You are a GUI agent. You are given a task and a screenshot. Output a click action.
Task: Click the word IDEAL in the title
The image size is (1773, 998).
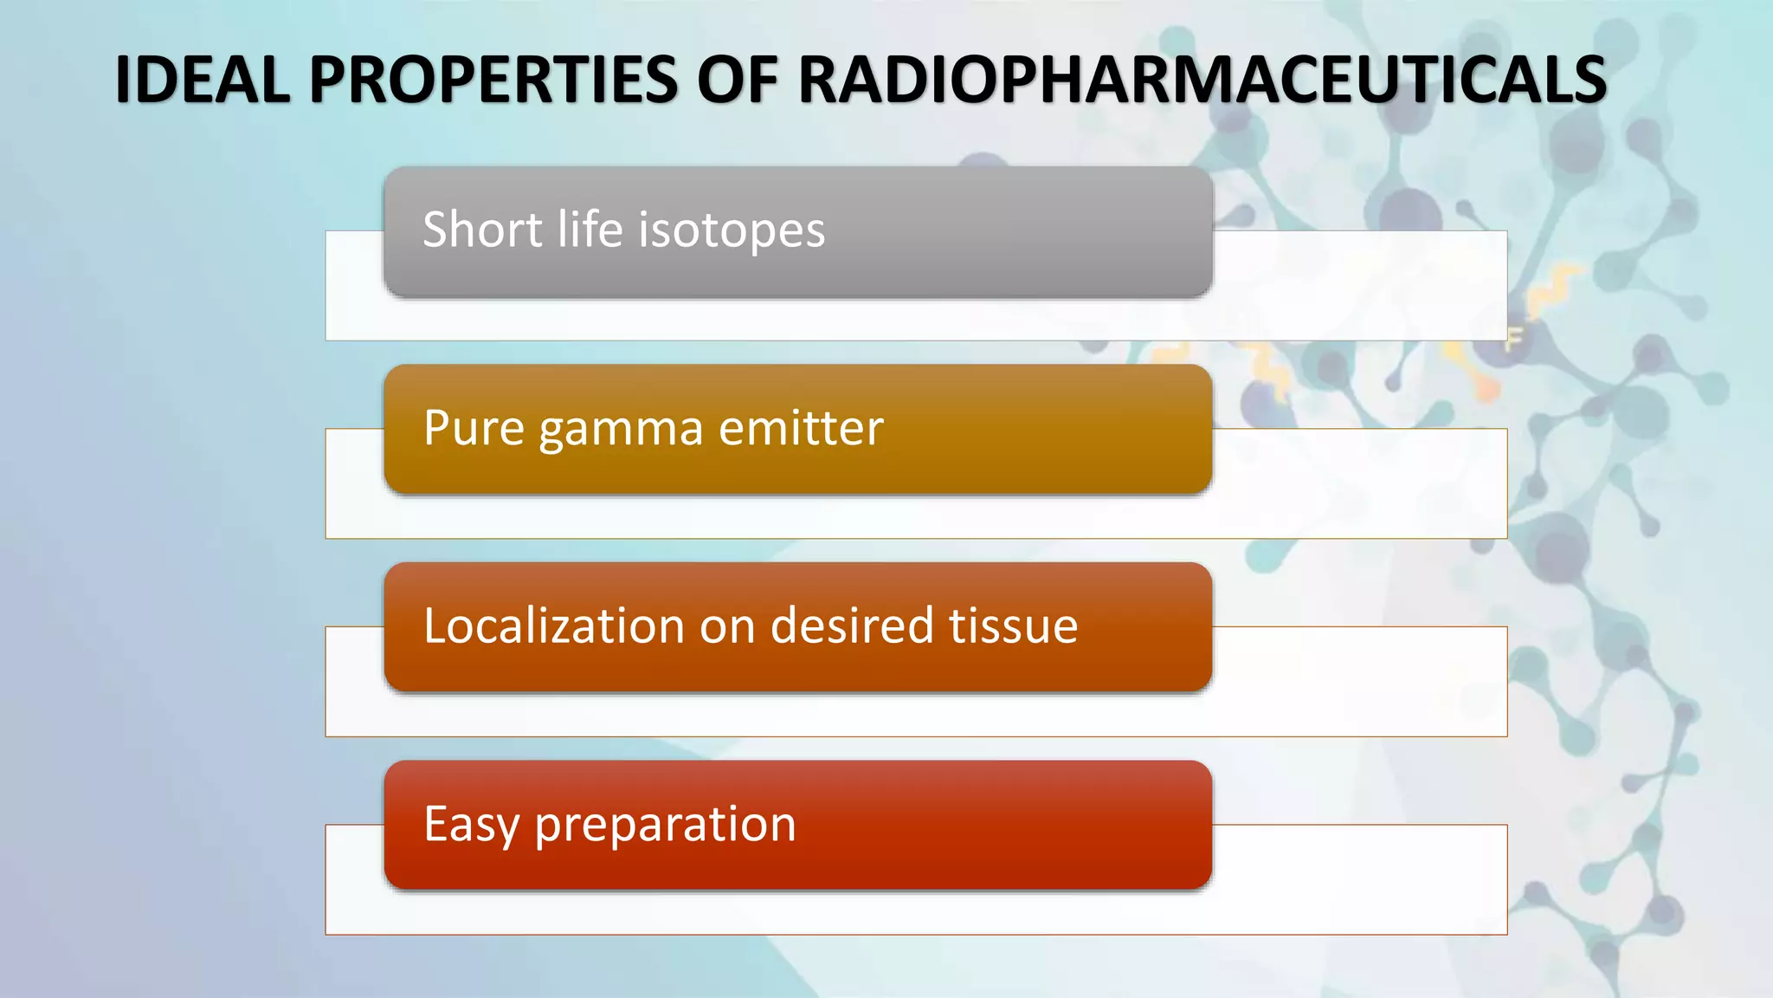click(202, 80)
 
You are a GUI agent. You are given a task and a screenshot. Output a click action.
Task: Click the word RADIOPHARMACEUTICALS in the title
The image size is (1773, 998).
click(1201, 80)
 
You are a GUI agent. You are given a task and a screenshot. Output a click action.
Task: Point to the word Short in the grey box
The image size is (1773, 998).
click(482, 230)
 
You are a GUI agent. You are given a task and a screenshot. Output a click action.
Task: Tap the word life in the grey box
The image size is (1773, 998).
click(590, 230)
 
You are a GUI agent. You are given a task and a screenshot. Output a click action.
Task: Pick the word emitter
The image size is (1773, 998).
click(801, 428)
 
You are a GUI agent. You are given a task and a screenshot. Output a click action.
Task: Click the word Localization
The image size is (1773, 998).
click(554, 625)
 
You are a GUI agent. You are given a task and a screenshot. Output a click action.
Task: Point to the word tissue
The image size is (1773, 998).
click(1013, 625)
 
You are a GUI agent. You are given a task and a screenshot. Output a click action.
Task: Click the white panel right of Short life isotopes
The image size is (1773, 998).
click(1359, 286)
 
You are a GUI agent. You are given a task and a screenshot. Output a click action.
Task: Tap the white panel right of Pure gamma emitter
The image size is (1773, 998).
click(1359, 483)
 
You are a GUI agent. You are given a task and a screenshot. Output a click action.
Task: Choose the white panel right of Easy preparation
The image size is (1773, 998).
click(1359, 879)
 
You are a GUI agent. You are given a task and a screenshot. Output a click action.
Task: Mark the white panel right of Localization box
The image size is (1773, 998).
click(1359, 682)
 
